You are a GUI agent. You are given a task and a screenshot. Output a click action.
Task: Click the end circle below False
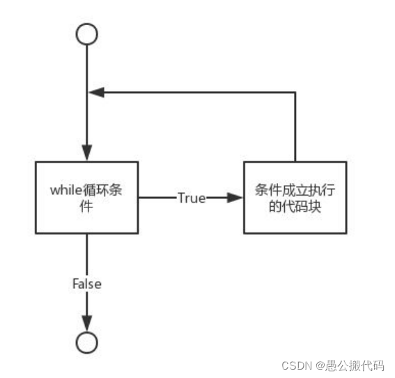[86, 342]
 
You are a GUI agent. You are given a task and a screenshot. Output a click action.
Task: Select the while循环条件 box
[86, 198]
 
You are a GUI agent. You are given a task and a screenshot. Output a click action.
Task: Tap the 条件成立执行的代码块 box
[295, 198]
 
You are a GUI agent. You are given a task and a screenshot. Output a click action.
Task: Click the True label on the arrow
[191, 198]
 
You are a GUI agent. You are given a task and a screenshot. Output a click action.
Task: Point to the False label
[87, 284]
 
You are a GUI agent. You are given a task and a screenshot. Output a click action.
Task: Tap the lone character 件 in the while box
[86, 207]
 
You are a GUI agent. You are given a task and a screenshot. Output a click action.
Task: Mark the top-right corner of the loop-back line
[295, 92]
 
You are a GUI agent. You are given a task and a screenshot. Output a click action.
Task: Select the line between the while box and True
[157, 198]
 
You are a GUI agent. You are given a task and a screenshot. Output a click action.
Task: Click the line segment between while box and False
[86, 254]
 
